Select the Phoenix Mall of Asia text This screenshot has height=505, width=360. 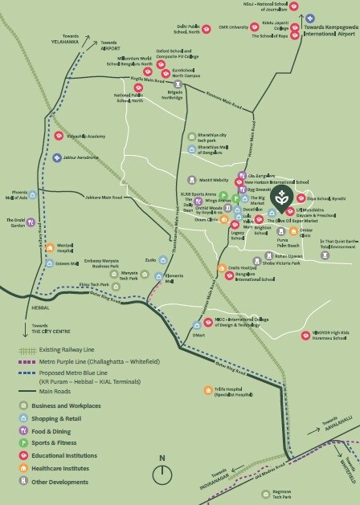click(x=17, y=196)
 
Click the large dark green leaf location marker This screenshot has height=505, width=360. click(x=281, y=197)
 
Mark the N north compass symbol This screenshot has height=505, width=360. click(x=162, y=459)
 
